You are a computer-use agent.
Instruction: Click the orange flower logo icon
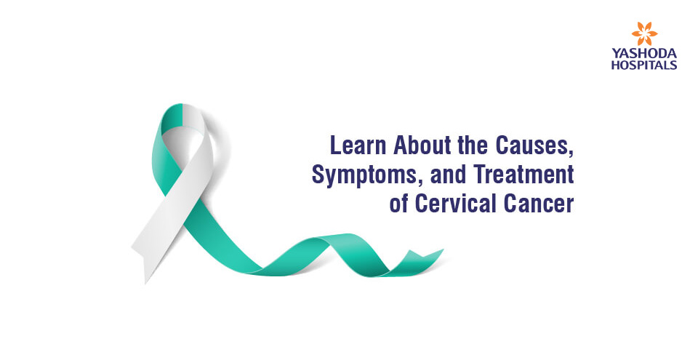pos(644,34)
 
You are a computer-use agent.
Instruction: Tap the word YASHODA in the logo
pos(644,54)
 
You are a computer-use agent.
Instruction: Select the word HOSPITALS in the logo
pos(644,65)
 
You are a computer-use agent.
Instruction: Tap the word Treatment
pos(523,175)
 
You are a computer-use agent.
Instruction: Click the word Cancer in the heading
pos(539,204)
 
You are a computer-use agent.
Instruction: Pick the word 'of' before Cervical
pos(398,204)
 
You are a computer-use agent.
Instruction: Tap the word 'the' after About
pos(472,145)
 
